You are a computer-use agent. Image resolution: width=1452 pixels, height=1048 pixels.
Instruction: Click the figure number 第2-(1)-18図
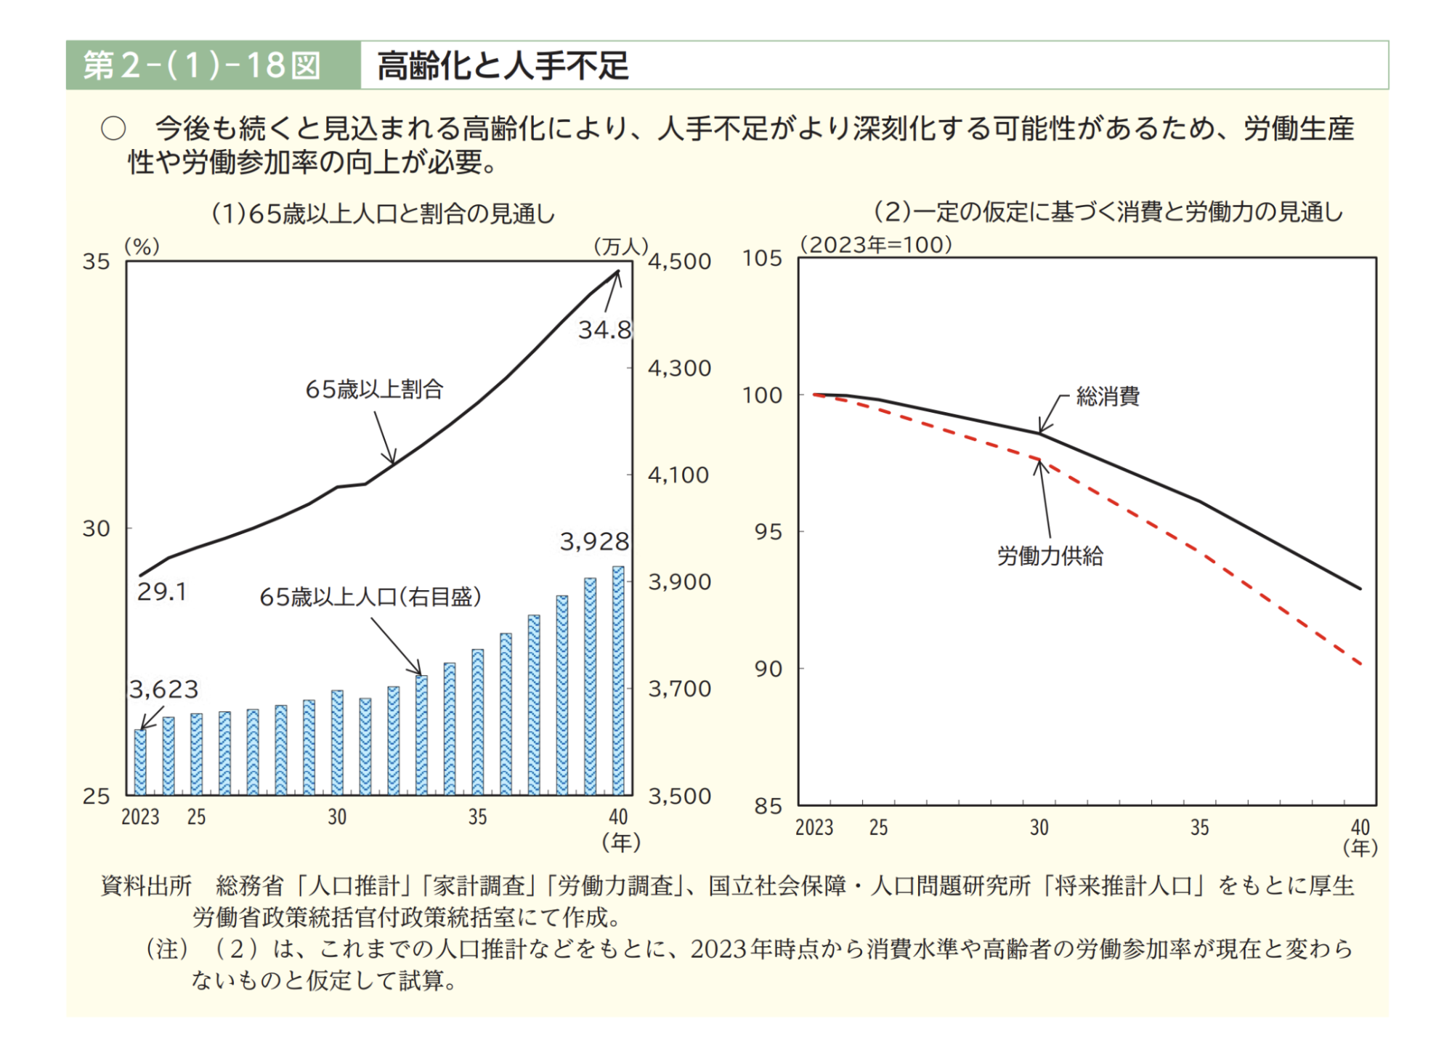[x=201, y=65]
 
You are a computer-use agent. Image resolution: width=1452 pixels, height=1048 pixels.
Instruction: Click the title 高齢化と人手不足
[x=503, y=65]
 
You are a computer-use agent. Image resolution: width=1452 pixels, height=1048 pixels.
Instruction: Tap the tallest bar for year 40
[x=618, y=680]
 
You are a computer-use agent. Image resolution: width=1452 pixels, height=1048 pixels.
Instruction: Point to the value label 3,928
[x=594, y=541]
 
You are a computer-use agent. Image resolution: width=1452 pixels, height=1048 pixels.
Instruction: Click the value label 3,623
[x=163, y=689]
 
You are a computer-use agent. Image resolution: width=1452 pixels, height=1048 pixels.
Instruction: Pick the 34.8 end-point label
[x=604, y=331]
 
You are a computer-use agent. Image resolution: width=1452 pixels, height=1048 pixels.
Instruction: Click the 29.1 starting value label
[x=162, y=592]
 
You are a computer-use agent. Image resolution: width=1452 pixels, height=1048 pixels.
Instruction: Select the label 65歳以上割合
[x=374, y=390]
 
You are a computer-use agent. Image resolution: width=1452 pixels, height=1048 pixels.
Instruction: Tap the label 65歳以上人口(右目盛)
[x=370, y=597]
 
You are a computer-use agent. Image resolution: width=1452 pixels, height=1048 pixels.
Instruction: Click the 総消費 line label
[x=1108, y=397]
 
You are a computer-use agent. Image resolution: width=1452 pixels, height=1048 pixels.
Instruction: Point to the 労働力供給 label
[x=1050, y=557]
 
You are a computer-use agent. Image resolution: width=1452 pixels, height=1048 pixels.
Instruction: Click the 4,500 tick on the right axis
[x=679, y=262]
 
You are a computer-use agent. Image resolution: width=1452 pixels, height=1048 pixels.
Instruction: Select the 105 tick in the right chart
[x=762, y=258]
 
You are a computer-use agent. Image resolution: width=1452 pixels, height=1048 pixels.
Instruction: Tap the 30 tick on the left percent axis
[x=96, y=529]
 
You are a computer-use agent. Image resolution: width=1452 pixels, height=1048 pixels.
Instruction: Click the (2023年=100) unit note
[x=876, y=245]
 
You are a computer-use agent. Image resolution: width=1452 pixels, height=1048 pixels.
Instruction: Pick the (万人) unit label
[x=620, y=247]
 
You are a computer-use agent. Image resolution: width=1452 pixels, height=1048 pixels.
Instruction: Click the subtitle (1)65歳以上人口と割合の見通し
[x=383, y=214]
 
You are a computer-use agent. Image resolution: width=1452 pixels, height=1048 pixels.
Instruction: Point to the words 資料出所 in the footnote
[x=146, y=886]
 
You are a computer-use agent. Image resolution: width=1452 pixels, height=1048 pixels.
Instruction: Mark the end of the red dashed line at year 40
[x=1360, y=664]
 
